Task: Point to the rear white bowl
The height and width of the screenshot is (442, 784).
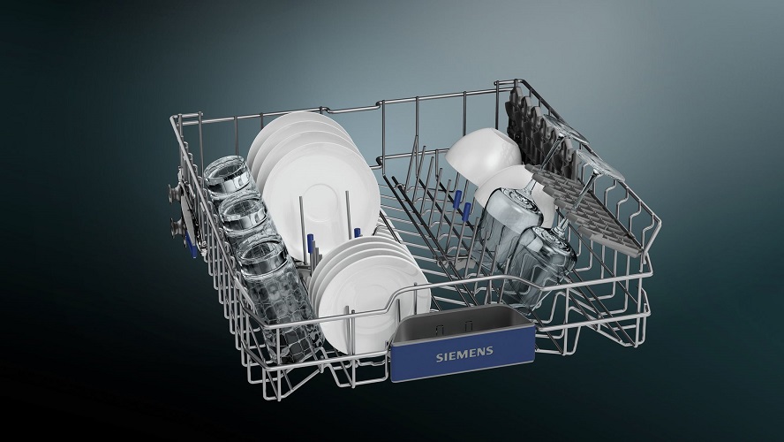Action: [x=482, y=152]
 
